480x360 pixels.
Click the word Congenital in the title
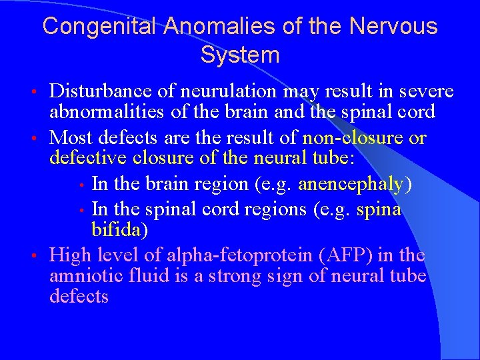(100, 27)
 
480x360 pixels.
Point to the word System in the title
(239, 55)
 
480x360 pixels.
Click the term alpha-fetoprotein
(244, 255)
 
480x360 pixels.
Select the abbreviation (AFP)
(343, 255)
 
